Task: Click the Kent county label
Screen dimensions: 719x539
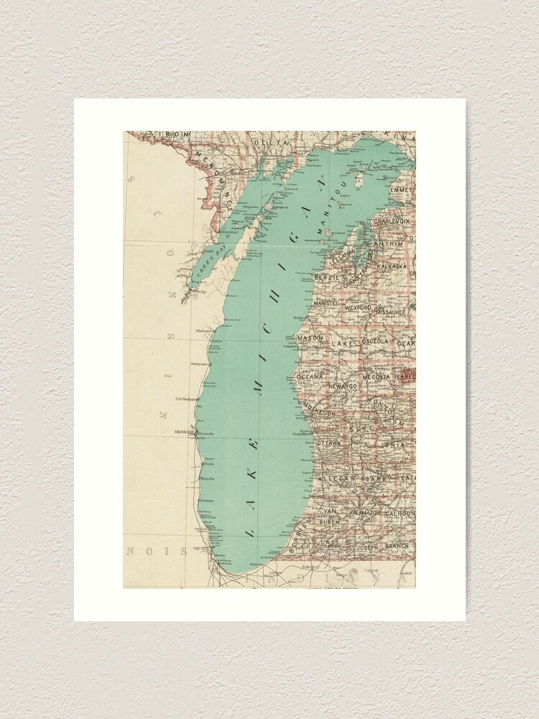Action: [x=357, y=428]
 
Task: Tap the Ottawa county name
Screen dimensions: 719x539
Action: [x=329, y=444]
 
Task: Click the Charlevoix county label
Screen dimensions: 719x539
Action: [x=392, y=221]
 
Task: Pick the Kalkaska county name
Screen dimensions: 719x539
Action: [x=392, y=265]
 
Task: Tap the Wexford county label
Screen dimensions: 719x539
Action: [x=358, y=308]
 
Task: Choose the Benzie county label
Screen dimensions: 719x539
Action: [x=326, y=276]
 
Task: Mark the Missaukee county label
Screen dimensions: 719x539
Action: [x=391, y=313]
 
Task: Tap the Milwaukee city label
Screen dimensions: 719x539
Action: [x=185, y=431]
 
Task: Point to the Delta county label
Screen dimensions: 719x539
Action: [x=271, y=143]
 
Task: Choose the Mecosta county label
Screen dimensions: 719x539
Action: [x=376, y=376]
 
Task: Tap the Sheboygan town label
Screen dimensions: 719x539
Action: [x=199, y=364]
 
